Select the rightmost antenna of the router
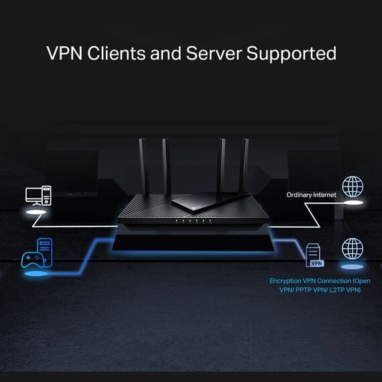tap(245, 164)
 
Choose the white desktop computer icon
tap(38, 195)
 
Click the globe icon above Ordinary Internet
tap(352, 186)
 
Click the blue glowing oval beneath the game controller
tap(34, 273)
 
